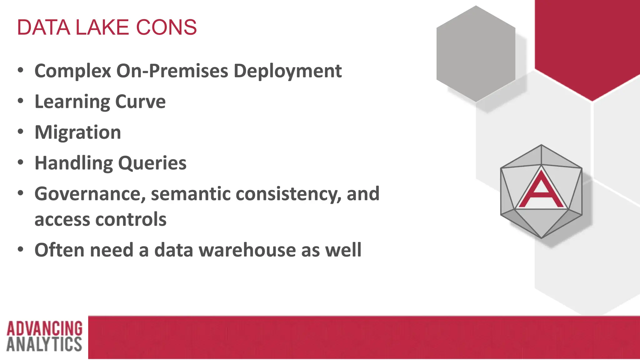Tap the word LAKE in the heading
pos(102,27)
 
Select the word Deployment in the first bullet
pos(287,71)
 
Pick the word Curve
pos(140,102)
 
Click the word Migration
pos(78,132)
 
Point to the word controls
pos(131,219)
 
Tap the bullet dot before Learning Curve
pos(21,101)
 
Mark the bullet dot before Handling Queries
pos(21,162)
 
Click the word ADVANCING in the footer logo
pos(44,328)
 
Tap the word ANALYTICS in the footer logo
pos(44,344)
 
